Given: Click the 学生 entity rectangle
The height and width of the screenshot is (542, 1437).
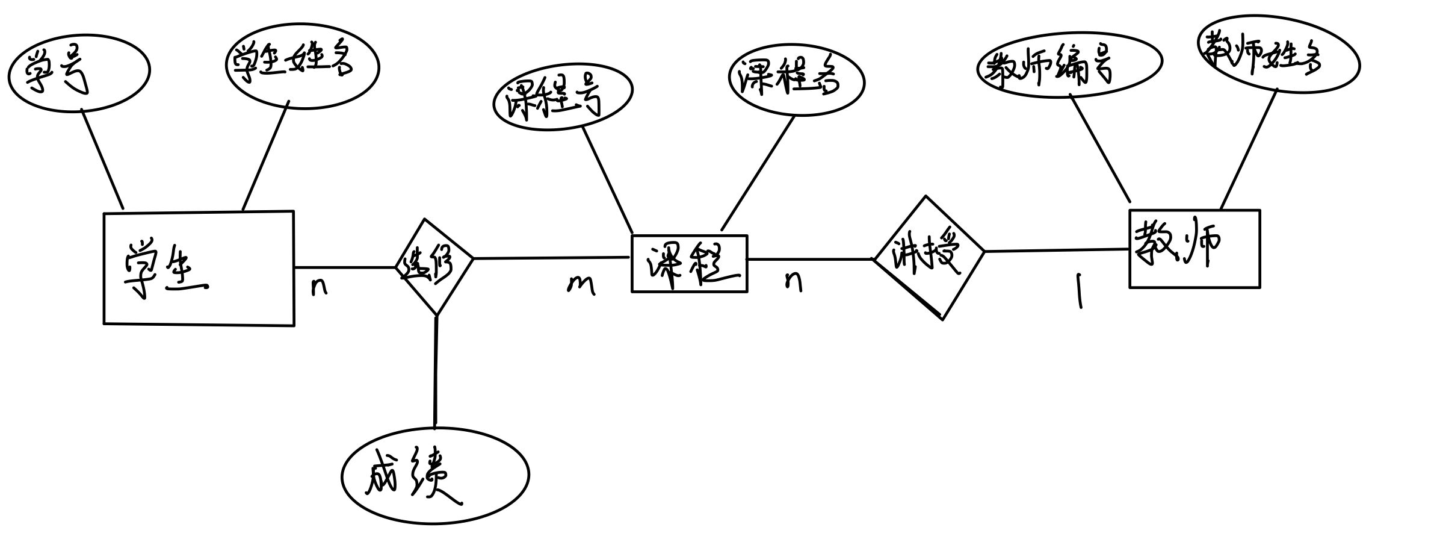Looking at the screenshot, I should [x=199, y=268].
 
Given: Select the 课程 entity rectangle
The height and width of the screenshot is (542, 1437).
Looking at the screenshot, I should [x=689, y=264].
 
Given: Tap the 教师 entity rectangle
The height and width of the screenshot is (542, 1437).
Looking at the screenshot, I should [x=1194, y=249].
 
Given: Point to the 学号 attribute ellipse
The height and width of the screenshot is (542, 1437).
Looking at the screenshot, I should [x=78, y=72].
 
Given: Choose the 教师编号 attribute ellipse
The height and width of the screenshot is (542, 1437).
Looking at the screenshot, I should [x=1068, y=66].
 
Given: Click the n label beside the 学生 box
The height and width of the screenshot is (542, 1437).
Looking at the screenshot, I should [x=319, y=287].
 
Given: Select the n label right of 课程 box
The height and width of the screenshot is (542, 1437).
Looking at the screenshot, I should [x=793, y=281].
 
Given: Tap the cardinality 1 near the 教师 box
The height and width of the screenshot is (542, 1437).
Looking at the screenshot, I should [x=1080, y=291].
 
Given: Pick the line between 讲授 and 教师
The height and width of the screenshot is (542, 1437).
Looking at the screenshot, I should [x=1056, y=250].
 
